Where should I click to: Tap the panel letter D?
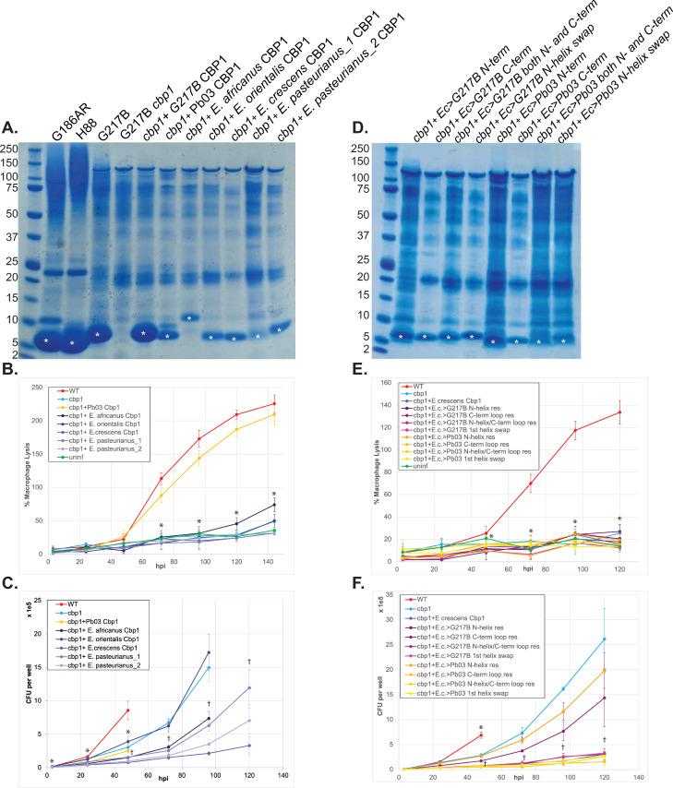pos(352,127)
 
